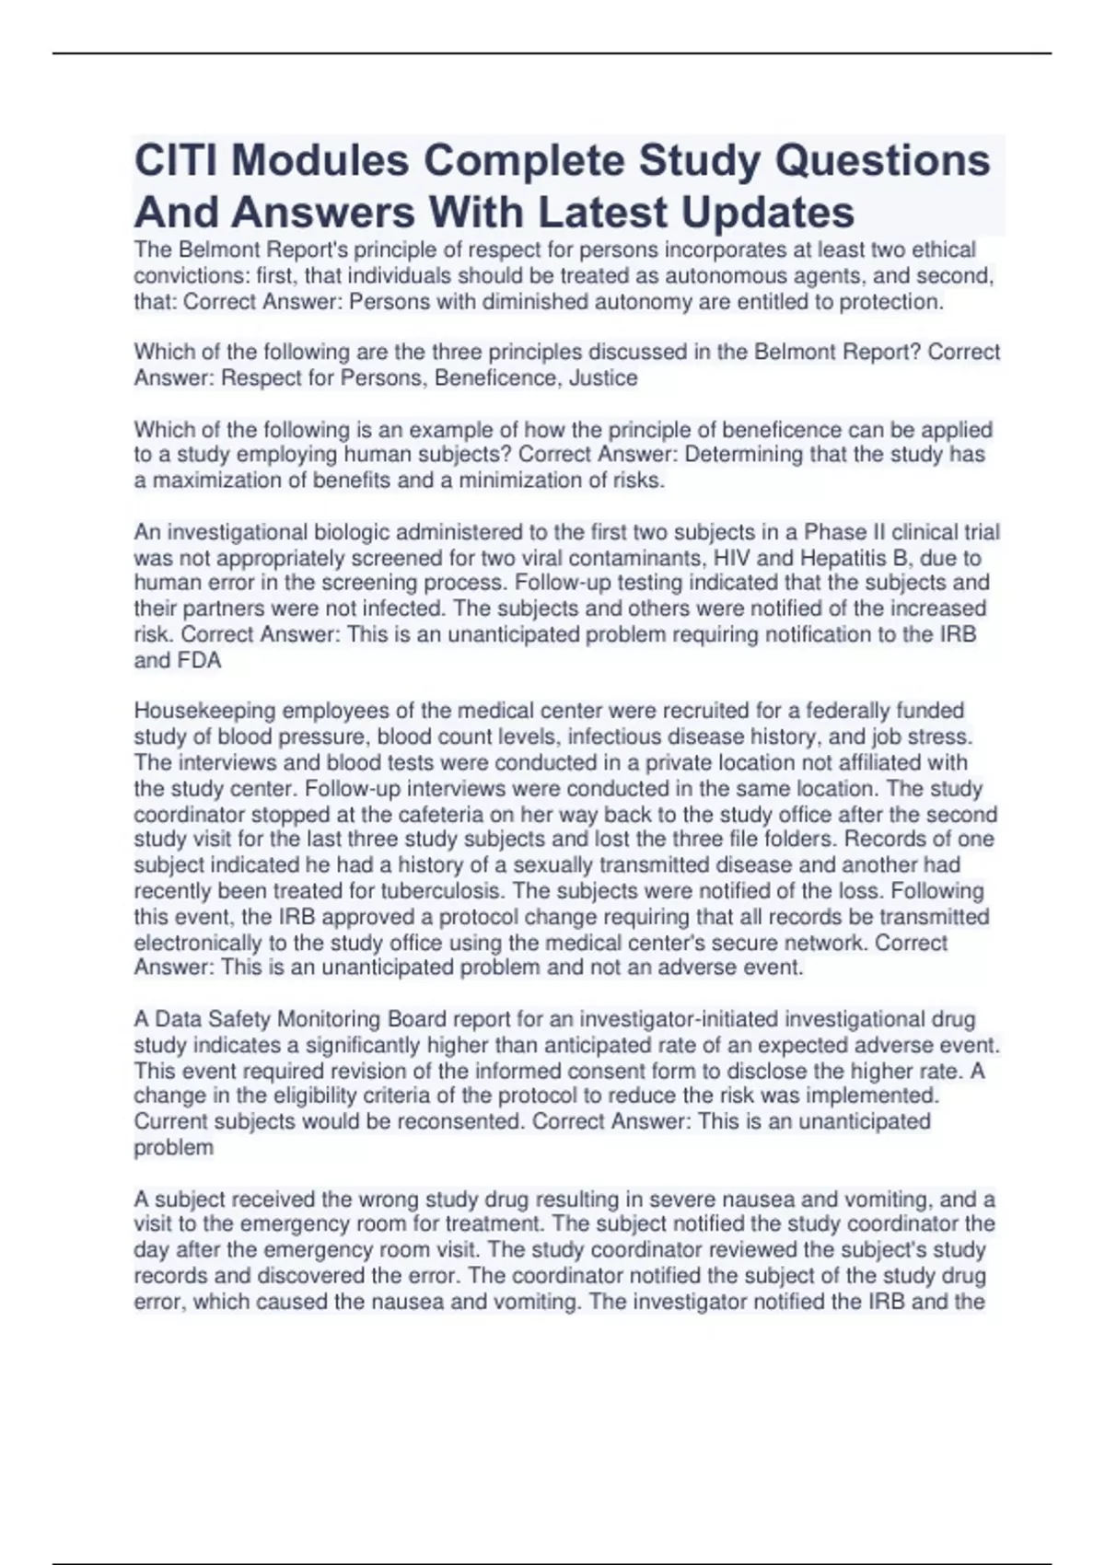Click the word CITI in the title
tap(176, 161)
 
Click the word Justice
tap(603, 378)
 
